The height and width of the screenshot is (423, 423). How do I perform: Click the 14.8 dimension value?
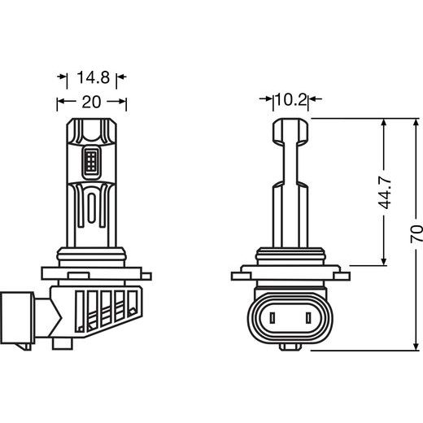(x=92, y=78)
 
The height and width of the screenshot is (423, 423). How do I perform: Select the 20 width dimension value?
(x=92, y=102)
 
